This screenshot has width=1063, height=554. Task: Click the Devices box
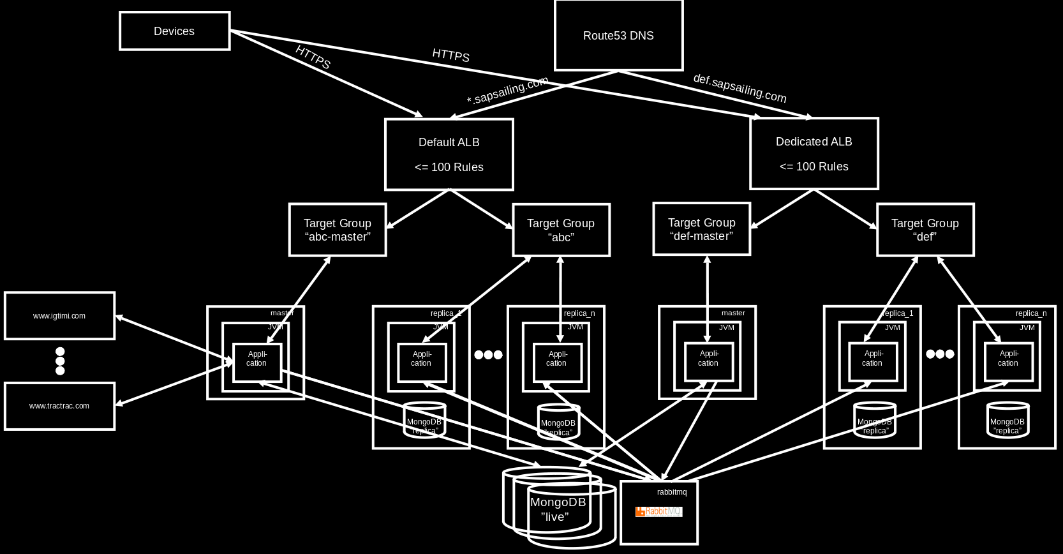[x=174, y=31]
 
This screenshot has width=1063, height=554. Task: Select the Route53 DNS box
[x=618, y=35]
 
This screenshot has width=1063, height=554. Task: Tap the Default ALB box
[x=449, y=154]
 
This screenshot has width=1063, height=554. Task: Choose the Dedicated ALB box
[x=814, y=153]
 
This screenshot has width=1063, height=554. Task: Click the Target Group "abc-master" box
[x=338, y=230]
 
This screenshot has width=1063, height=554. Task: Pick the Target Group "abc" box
[x=561, y=230]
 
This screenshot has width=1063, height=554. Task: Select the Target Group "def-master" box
[x=701, y=229]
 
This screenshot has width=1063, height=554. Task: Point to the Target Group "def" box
[x=925, y=230]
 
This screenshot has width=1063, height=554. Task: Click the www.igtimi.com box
[x=59, y=316]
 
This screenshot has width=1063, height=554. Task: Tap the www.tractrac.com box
[x=59, y=406]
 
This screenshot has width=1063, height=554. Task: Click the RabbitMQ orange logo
[x=658, y=511]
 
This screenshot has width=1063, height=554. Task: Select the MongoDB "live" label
[x=558, y=509]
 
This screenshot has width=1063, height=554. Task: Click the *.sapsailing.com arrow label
[x=507, y=91]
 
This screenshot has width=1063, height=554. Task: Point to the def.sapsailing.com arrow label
[x=740, y=88]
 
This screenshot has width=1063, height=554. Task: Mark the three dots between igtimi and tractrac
[x=60, y=361]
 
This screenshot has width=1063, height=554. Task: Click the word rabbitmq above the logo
[x=672, y=492]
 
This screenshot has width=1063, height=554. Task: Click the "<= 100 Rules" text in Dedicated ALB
[x=814, y=167]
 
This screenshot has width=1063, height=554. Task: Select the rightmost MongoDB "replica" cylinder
[x=1007, y=421]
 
